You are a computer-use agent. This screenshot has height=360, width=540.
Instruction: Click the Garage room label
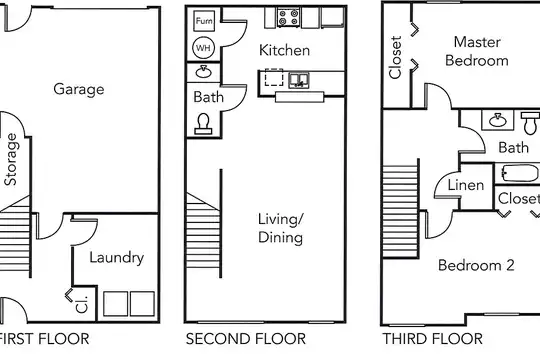click(79, 90)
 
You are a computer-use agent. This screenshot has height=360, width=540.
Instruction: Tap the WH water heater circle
click(203, 48)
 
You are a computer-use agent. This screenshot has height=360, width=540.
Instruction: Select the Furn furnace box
click(204, 21)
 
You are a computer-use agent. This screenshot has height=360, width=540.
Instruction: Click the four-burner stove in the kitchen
click(288, 18)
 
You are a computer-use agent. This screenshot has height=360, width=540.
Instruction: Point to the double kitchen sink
click(298, 80)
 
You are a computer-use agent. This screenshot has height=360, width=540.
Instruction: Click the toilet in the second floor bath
click(203, 124)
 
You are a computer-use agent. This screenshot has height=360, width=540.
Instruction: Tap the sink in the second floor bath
click(203, 72)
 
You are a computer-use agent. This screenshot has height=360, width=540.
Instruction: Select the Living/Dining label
click(281, 228)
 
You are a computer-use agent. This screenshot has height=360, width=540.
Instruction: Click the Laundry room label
click(117, 258)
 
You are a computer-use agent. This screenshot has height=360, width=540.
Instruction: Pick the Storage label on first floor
click(11, 160)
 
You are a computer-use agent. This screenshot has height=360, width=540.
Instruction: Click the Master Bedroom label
click(477, 51)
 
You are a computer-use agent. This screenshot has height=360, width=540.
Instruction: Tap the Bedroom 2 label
click(476, 265)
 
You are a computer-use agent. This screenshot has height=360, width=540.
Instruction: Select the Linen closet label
click(466, 185)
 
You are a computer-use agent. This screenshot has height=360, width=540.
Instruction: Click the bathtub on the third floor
click(520, 173)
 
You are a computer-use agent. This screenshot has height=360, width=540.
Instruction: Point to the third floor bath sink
click(498, 120)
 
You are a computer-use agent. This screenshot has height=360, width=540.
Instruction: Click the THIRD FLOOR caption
click(433, 339)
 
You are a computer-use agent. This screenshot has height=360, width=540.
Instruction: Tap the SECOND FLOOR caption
click(246, 339)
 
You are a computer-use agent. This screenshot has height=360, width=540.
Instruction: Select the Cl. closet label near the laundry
click(82, 305)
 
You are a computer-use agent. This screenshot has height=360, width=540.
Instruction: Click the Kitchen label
click(284, 50)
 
